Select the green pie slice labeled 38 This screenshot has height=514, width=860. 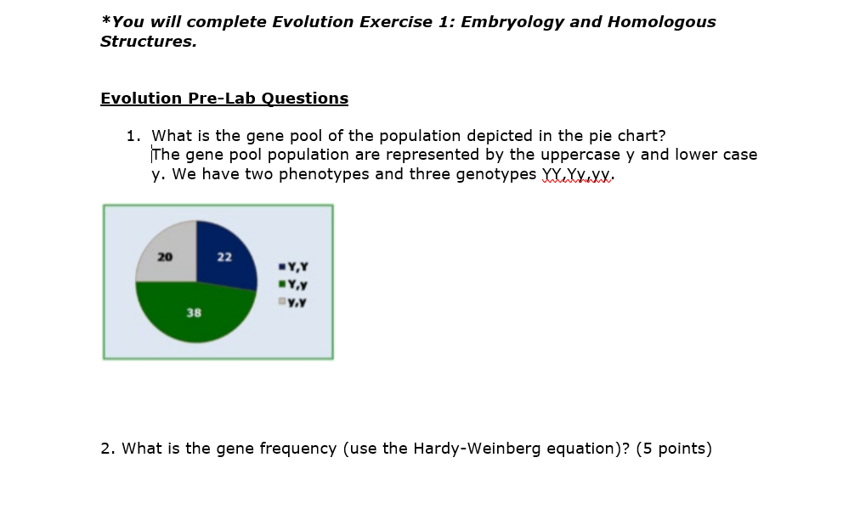coord(191,314)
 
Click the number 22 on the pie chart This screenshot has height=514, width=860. coord(223,257)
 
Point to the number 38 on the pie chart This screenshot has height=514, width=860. coord(194,313)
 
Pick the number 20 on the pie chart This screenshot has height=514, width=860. coord(165,257)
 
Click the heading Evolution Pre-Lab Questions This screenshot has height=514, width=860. coord(224,99)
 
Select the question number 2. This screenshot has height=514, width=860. coord(106,449)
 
